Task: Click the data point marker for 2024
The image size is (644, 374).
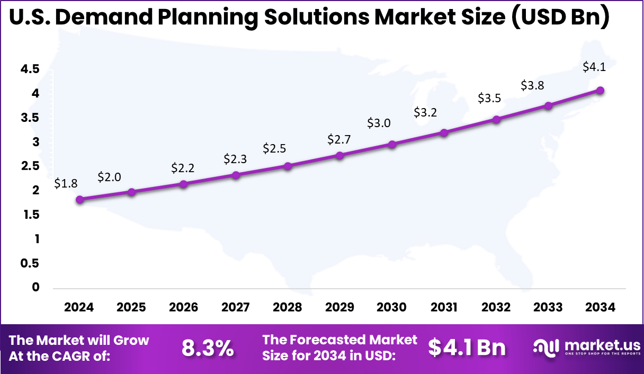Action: pos(80,200)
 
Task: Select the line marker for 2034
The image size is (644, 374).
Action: pos(600,90)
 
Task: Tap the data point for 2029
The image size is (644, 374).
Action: pos(340,155)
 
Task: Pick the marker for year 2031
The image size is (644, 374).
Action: pos(444,132)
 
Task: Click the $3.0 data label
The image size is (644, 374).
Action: pos(379,123)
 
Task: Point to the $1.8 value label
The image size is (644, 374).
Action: pos(66,184)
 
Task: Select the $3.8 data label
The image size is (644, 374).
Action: pos(532,85)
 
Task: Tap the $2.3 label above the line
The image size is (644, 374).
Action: pos(235,158)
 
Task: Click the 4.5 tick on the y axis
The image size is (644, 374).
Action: pos(30,69)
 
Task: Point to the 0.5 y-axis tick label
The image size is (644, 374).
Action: pos(30,263)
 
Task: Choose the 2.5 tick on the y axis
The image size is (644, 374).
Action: pos(30,166)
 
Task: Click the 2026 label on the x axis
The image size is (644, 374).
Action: pos(183,308)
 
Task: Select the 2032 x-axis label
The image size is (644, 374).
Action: pos(496,308)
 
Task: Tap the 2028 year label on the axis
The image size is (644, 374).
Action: pos(288,308)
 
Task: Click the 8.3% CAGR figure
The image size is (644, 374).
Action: pos(208,348)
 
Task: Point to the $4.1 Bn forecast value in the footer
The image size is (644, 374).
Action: pos(467,348)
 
